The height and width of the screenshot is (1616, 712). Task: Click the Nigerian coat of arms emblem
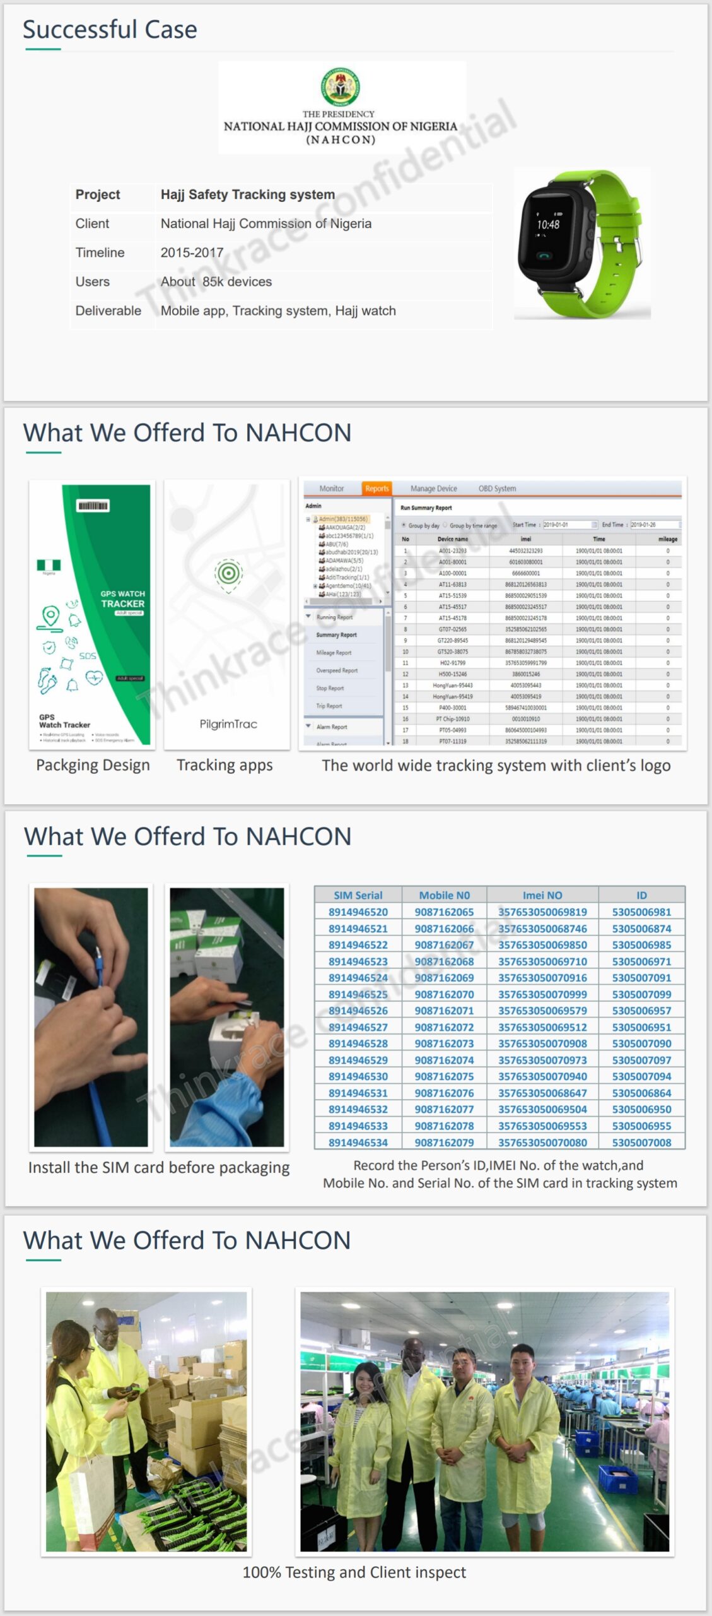341,86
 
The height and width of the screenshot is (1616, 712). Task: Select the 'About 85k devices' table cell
216,282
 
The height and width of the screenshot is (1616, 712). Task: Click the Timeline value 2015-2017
192,252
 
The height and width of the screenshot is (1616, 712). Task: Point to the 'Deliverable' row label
108,311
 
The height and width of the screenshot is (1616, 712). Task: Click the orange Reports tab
376,489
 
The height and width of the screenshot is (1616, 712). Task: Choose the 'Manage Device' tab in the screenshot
433,489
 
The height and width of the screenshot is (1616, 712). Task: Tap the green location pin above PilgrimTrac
228,574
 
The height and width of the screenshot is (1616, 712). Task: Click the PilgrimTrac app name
228,724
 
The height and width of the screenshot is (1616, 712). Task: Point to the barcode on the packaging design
93,506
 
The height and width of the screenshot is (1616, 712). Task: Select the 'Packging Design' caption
93,765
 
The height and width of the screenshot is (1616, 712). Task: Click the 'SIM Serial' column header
358,895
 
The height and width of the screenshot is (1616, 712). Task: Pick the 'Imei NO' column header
542,895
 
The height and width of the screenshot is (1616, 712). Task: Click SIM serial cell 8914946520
358,912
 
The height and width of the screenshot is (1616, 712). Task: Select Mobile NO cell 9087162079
444,1143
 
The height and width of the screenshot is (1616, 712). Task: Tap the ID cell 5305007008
641,1143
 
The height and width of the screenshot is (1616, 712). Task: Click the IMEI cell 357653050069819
542,912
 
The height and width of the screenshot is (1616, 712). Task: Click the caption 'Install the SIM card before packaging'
159,1168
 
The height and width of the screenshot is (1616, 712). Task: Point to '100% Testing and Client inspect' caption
354,1572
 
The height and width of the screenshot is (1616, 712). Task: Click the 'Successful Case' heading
110,30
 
